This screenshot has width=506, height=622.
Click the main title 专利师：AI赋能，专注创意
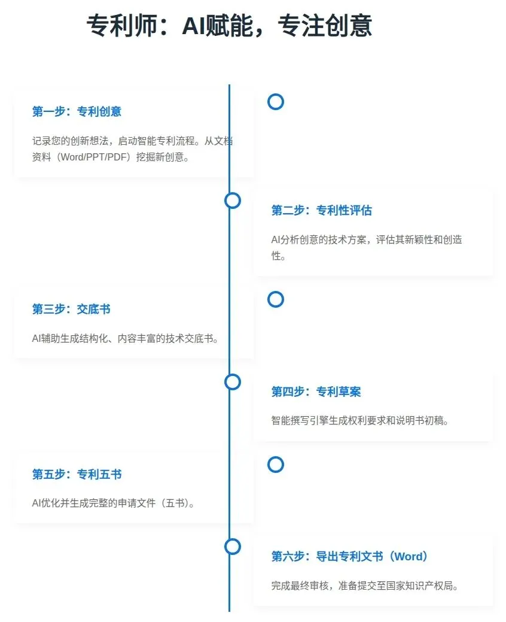(x=229, y=26)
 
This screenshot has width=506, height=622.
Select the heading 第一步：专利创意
(x=77, y=112)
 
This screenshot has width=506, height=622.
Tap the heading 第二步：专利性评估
(x=321, y=211)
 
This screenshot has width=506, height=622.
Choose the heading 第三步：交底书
(x=71, y=310)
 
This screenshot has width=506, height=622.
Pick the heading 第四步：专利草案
(x=316, y=392)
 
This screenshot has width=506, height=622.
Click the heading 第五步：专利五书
(x=77, y=475)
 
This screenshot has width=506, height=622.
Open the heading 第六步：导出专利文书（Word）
(x=350, y=557)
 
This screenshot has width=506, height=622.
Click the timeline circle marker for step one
(x=275, y=102)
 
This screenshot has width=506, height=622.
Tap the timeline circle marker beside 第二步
(x=233, y=201)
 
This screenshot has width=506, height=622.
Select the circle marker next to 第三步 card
(x=275, y=299)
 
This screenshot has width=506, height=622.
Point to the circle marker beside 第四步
(x=233, y=382)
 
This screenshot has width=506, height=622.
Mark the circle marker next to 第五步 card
(x=275, y=465)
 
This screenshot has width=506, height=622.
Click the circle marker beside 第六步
(x=233, y=547)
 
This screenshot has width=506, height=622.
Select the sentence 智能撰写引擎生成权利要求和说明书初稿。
(x=360, y=421)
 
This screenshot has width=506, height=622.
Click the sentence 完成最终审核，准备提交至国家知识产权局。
(x=365, y=585)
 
